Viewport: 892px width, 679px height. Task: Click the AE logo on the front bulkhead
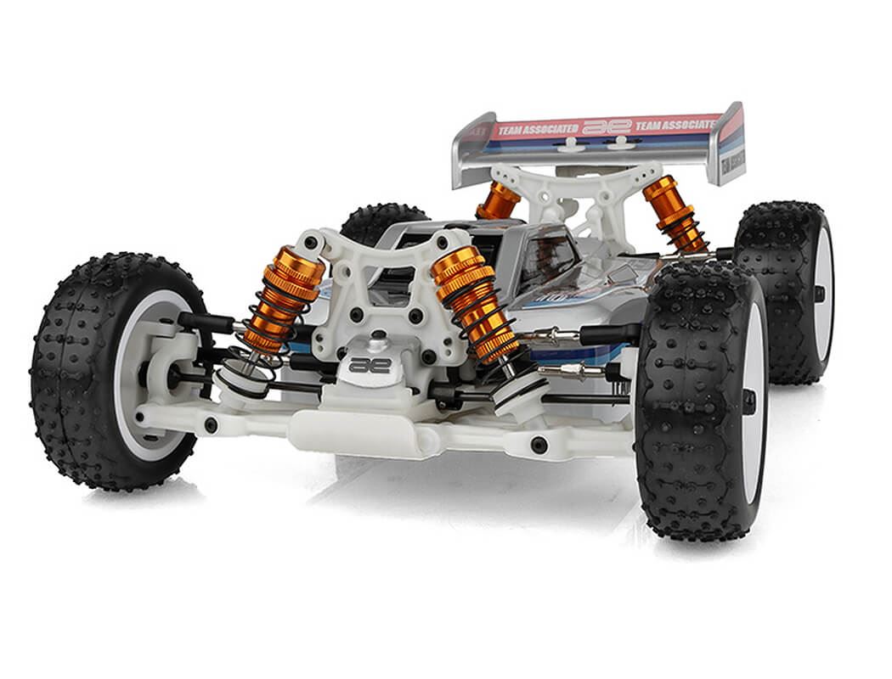pos(370,366)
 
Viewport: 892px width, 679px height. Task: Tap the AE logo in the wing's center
pos(607,126)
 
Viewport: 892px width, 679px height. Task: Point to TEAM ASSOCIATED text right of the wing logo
pos(675,124)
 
